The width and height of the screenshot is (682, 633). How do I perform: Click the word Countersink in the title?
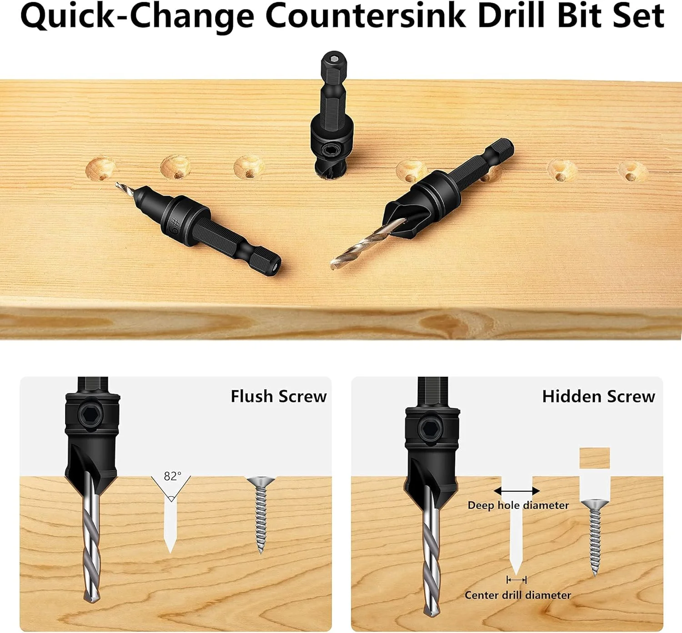point(366,16)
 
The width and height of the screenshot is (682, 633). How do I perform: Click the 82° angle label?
point(172,476)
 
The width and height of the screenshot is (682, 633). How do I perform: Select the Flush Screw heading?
point(279,396)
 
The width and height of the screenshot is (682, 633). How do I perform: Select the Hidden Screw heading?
point(598,396)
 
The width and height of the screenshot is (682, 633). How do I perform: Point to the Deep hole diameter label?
point(518,505)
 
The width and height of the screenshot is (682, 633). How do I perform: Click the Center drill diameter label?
point(517,595)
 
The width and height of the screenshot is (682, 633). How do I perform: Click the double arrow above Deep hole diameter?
point(517,491)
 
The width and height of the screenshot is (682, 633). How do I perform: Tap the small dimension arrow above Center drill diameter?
point(517,580)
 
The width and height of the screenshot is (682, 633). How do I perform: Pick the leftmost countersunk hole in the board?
point(100,168)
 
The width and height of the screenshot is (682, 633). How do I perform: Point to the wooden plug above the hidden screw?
point(594,458)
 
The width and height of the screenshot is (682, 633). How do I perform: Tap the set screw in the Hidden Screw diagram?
point(431,429)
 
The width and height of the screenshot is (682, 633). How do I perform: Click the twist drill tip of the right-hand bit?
point(334,265)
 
